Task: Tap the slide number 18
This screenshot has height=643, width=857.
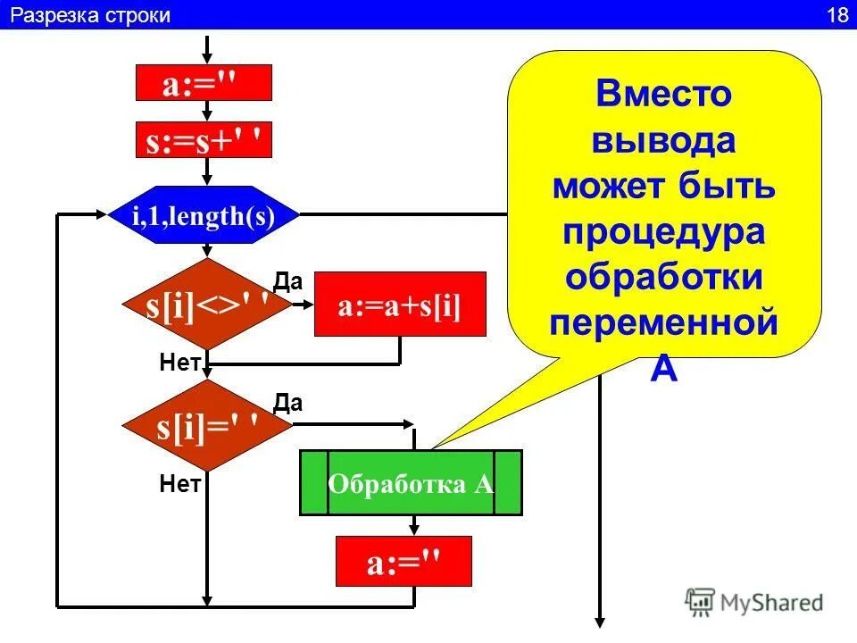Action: (x=836, y=15)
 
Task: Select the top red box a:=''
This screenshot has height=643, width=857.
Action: (x=203, y=83)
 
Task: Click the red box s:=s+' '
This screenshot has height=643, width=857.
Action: (x=203, y=139)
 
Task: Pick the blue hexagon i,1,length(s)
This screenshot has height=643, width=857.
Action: (x=204, y=215)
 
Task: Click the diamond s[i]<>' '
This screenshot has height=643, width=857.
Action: (x=207, y=305)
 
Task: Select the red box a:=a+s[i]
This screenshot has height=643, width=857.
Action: (x=400, y=305)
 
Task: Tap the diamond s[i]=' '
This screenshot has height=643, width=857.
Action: (x=207, y=426)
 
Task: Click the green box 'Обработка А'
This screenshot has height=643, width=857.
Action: (x=411, y=483)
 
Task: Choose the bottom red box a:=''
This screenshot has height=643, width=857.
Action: (x=404, y=562)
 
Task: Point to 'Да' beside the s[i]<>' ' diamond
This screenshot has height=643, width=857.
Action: (x=288, y=282)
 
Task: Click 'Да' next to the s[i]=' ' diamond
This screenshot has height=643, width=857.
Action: (x=288, y=403)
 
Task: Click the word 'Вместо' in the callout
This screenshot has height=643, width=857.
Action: (x=663, y=94)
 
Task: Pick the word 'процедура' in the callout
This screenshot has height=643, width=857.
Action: (x=663, y=231)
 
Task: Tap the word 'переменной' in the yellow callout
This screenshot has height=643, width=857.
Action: (x=663, y=322)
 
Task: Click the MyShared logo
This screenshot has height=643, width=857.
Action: (x=754, y=601)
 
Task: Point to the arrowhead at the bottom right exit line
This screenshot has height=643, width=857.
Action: (x=601, y=622)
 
